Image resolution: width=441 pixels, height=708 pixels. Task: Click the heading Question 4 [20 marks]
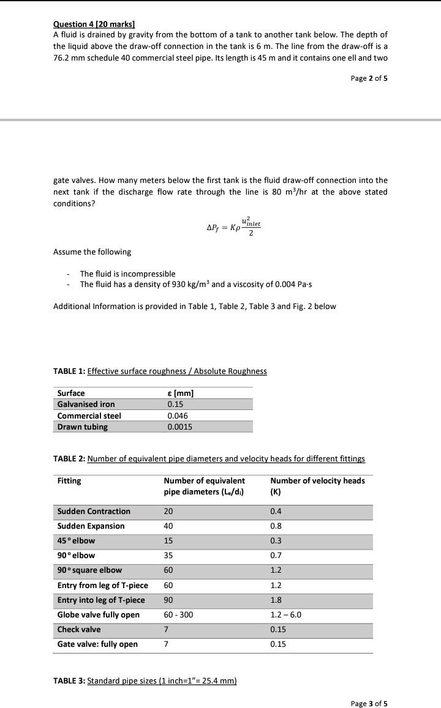[94, 24]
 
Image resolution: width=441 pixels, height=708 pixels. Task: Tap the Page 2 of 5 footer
[369, 78]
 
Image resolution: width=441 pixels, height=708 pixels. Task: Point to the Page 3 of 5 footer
[369, 703]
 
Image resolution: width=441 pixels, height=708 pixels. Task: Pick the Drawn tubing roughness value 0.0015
[179, 427]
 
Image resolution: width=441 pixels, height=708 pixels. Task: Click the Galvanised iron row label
[86, 404]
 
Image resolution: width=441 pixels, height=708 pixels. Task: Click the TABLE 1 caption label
[70, 371]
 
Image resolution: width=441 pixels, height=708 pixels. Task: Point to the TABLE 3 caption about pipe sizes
[145, 681]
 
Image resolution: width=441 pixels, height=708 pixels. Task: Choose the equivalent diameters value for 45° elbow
[168, 540]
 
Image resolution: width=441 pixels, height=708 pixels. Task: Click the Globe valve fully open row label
[98, 614]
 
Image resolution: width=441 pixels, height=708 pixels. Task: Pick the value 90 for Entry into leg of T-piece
[168, 600]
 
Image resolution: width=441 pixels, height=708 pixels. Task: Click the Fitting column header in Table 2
[69, 480]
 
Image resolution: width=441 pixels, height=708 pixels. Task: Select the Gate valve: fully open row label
[97, 644]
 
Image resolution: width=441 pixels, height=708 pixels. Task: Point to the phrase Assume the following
[92, 252]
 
